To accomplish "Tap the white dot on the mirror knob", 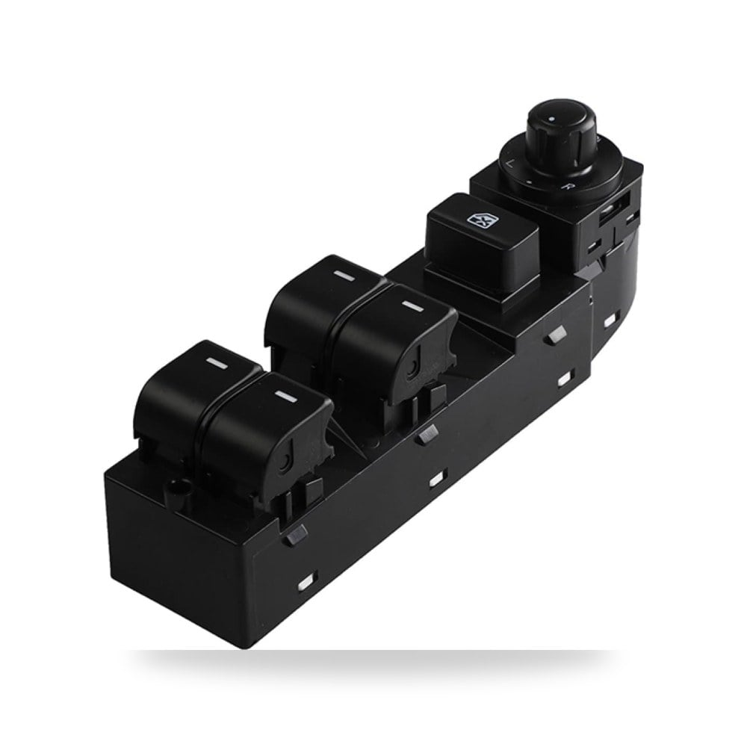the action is click(x=552, y=118).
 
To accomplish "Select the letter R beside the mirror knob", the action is click(x=565, y=186).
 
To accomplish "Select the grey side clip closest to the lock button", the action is click(x=556, y=335).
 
